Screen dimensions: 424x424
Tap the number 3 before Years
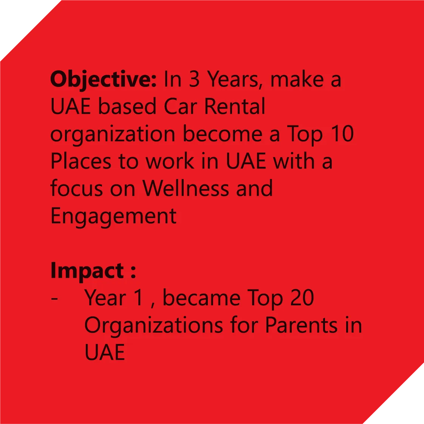tap(194, 79)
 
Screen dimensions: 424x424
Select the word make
tap(297, 79)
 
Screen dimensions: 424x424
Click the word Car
tap(180, 106)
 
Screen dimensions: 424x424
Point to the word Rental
tap(235, 106)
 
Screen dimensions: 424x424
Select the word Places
tap(81, 161)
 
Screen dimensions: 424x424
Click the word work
tap(170, 161)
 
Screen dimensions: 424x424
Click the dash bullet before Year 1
tap(54, 299)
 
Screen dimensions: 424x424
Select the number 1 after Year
tap(138, 297)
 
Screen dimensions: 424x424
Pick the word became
tap(201, 297)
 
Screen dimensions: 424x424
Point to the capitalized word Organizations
tap(153, 326)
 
